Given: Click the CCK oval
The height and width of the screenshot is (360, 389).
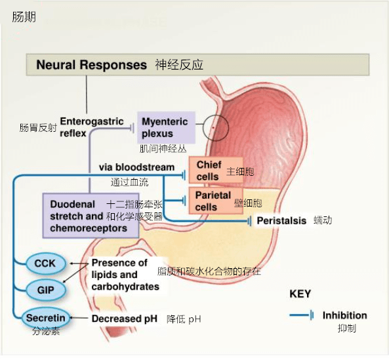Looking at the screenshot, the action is pos(45,264).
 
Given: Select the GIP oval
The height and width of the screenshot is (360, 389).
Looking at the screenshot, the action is pos(46,290).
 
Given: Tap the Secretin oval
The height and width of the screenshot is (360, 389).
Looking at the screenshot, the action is pos(46,318).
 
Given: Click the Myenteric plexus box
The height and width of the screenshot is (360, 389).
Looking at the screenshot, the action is pos(166,127).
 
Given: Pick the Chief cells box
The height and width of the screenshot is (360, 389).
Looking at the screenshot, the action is pos(216,170).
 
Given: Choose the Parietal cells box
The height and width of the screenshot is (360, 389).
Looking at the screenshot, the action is pos(216,201).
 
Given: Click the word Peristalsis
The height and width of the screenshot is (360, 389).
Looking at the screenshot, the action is pos(281,220).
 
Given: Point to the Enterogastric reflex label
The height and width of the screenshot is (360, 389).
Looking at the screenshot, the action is pos(92,127).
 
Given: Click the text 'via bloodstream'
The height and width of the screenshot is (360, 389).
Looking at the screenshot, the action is pos(136,167).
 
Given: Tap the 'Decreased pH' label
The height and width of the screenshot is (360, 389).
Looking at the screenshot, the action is pos(124,318).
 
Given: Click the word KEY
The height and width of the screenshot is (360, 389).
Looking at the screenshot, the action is pos(300,294).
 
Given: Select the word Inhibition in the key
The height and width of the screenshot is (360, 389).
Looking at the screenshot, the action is pos(344,315).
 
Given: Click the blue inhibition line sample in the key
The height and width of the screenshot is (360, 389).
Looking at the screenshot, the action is pos(301,315).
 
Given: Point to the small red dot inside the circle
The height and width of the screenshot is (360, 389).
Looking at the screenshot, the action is pos(213,128).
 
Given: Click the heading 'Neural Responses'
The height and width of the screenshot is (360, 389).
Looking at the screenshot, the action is pos(92,65).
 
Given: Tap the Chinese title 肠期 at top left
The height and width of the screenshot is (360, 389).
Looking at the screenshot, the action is pos(24,17).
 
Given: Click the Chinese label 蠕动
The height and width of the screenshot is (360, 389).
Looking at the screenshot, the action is pos(323,220).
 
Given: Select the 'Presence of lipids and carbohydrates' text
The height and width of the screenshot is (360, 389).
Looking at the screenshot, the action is pos(125,275).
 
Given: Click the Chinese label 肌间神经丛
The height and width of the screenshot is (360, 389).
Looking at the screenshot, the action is pos(163,149).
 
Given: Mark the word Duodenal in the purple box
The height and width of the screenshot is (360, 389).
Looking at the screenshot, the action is pos(72,205).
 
